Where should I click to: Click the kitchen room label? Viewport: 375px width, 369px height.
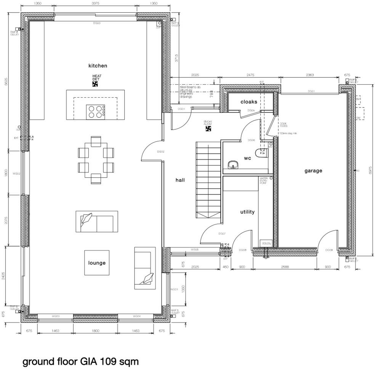(x=98, y=66)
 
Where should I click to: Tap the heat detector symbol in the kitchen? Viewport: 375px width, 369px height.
(x=95, y=84)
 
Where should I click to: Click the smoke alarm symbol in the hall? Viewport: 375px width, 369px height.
(x=208, y=129)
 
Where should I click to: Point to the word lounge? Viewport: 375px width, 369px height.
(x=97, y=263)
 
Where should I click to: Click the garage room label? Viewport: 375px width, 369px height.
(x=313, y=171)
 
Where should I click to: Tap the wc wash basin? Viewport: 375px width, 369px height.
(x=233, y=165)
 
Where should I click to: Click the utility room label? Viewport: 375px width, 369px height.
(x=247, y=212)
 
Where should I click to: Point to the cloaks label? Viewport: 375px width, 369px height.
(x=248, y=102)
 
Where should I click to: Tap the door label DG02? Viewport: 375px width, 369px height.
(x=160, y=152)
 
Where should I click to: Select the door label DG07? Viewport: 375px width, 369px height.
(x=222, y=233)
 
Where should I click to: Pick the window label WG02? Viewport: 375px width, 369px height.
(x=16, y=173)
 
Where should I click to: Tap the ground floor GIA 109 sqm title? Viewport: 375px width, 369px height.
(x=80, y=361)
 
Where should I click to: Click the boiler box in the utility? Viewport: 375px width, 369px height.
(x=266, y=243)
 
